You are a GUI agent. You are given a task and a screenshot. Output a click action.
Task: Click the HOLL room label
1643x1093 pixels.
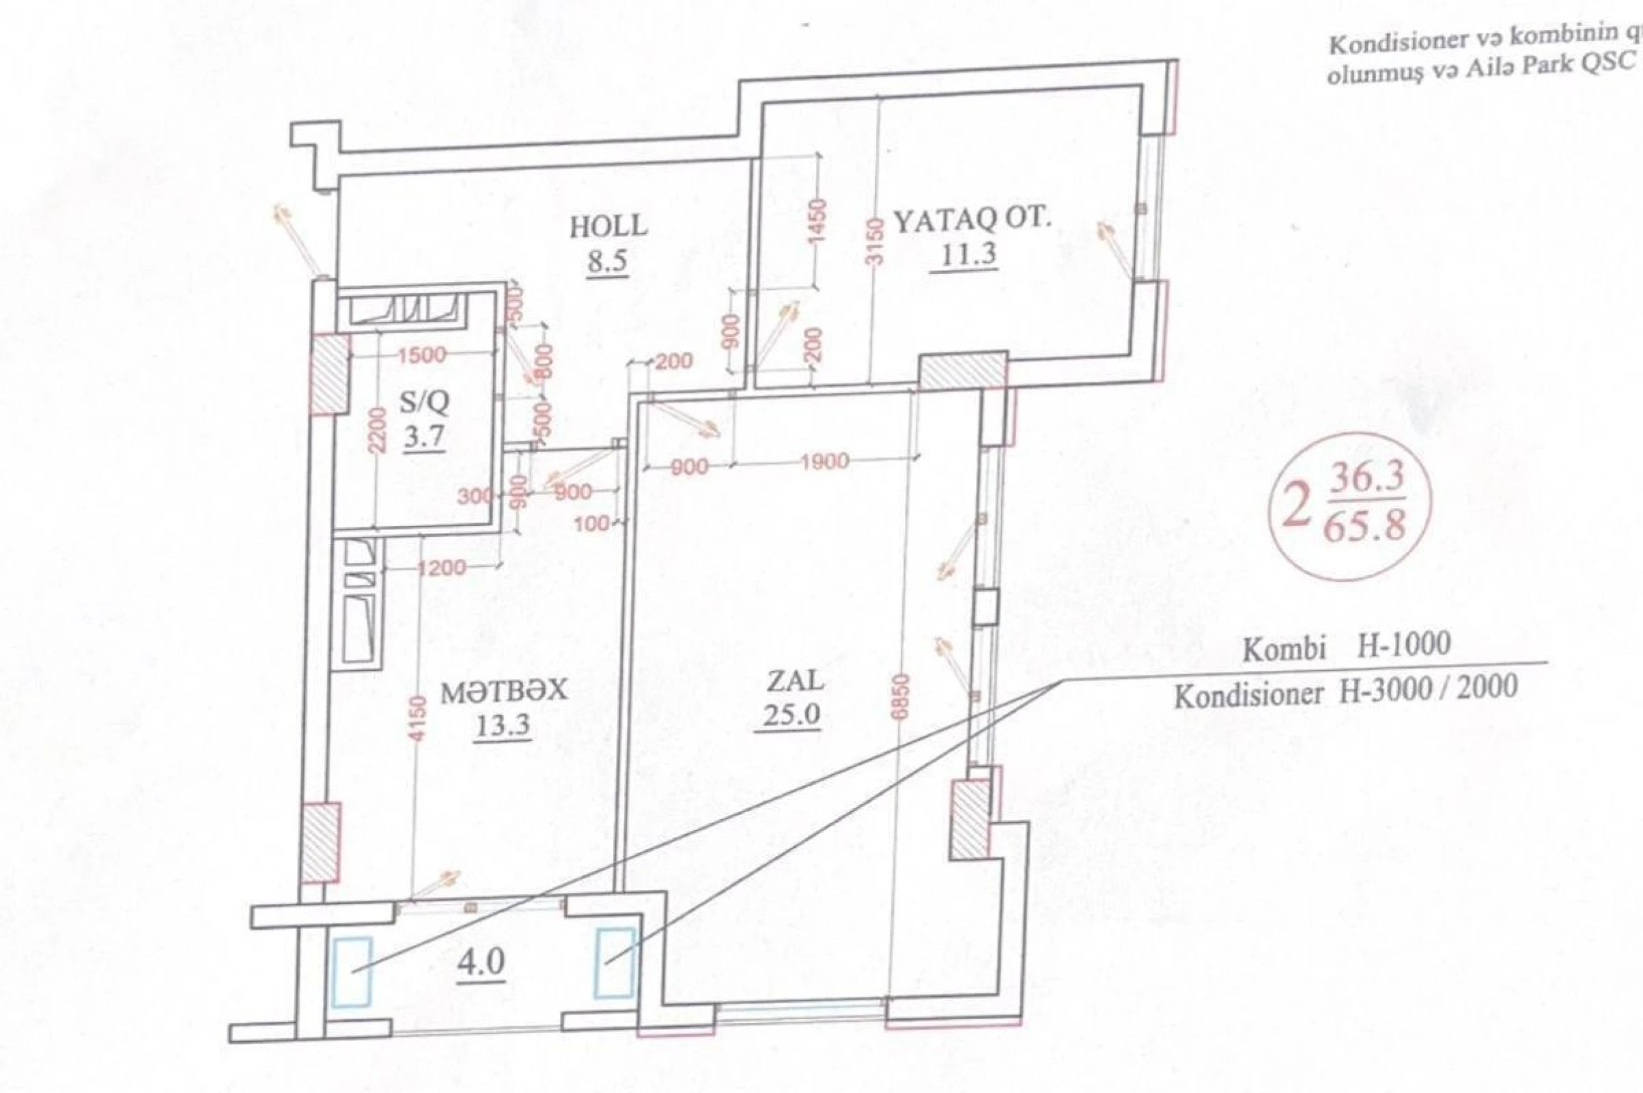point(608,227)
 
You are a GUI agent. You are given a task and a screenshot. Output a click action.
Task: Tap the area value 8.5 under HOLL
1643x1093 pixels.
point(607,262)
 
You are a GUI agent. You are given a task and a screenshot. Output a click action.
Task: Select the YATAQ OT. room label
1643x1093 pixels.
point(971,221)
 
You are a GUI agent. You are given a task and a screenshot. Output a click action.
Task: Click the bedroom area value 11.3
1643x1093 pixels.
point(968,255)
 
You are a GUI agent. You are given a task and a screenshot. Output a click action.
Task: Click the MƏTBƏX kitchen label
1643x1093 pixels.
point(504,691)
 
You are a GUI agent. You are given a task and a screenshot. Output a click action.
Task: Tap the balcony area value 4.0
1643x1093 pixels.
point(481,964)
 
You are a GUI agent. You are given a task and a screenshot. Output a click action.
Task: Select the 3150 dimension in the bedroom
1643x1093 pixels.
point(877,240)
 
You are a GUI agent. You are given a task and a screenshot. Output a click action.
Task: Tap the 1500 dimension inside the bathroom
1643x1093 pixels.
point(421,355)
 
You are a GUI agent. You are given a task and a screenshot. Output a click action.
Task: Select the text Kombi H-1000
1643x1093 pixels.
point(1346,646)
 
